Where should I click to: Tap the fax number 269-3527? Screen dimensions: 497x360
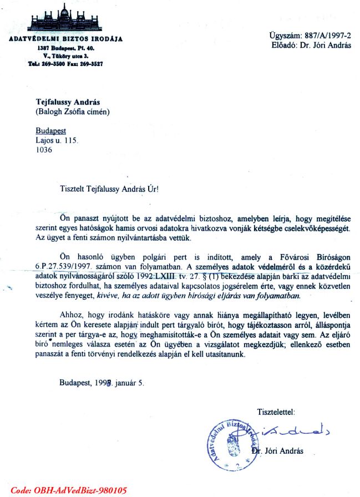pos(90,64)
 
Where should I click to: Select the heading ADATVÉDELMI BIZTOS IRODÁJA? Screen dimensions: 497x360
pos(65,39)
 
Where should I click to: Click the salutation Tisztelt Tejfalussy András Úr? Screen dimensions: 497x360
pos(109,189)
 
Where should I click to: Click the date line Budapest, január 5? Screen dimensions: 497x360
pos(102,382)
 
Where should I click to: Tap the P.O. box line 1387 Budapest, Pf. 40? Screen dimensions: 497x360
pos(65,49)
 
